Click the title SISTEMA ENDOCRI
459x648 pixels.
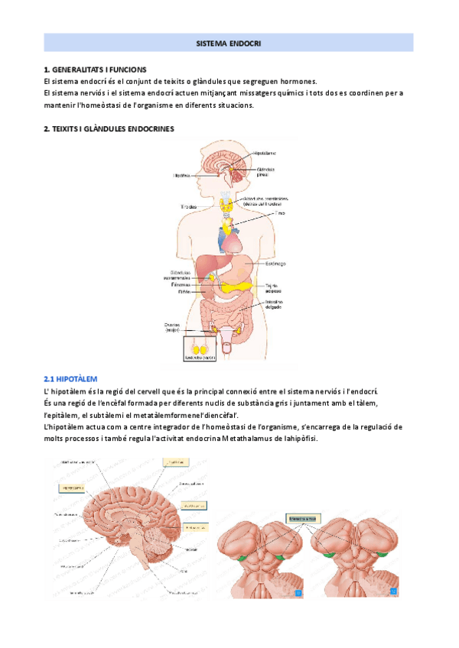[x=229, y=44]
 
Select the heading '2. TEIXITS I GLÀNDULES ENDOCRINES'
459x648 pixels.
[x=109, y=129]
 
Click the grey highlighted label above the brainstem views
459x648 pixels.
[x=298, y=518]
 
